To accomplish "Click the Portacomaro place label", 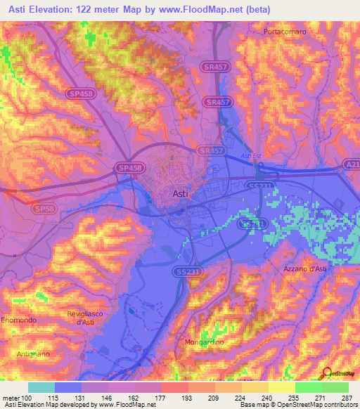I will [x=287, y=32].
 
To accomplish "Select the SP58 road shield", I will [x=43, y=209].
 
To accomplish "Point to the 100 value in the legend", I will [x=27, y=398].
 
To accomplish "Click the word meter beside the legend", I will [x=11, y=398].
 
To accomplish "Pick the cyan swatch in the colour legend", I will [x=41, y=387].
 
